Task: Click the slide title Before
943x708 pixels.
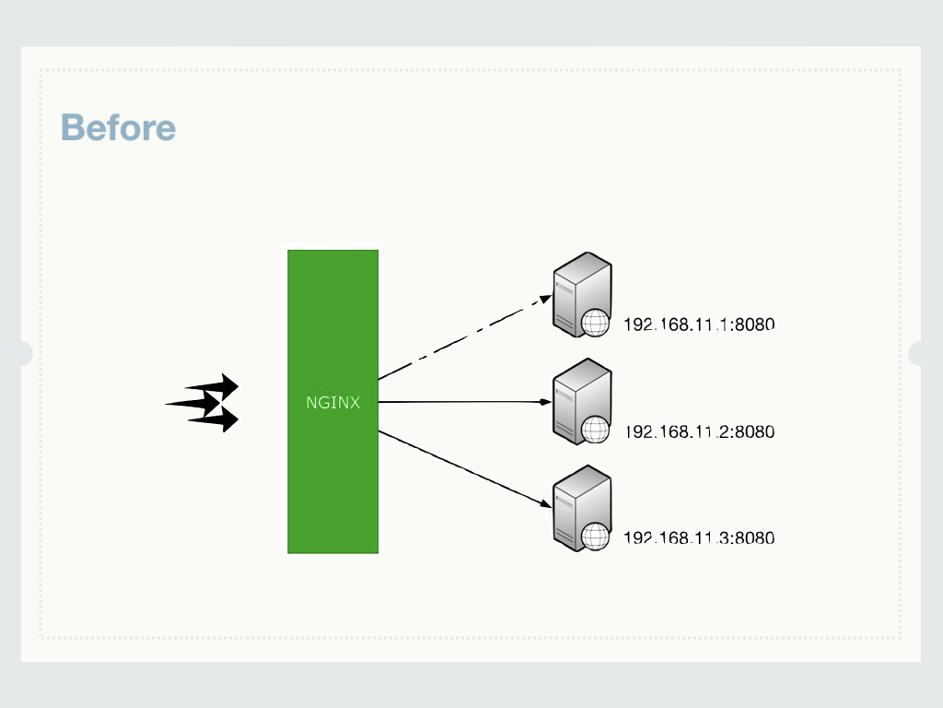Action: [118, 127]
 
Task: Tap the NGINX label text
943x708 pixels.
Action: [332, 403]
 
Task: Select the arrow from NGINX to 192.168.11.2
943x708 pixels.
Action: [460, 402]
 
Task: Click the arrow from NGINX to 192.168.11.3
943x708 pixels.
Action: [460, 467]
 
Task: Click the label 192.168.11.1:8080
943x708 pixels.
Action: [699, 324]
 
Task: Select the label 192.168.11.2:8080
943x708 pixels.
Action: [699, 431]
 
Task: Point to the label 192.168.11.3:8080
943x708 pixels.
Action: [699, 537]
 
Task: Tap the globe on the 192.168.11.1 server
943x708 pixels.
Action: [596, 323]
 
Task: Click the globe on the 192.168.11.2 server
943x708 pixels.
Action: [596, 430]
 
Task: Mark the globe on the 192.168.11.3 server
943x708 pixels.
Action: [596, 537]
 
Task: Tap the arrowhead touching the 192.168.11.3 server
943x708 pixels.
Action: [545, 504]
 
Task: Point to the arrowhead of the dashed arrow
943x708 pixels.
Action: [545, 299]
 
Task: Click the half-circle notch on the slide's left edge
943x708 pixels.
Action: [26, 353]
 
